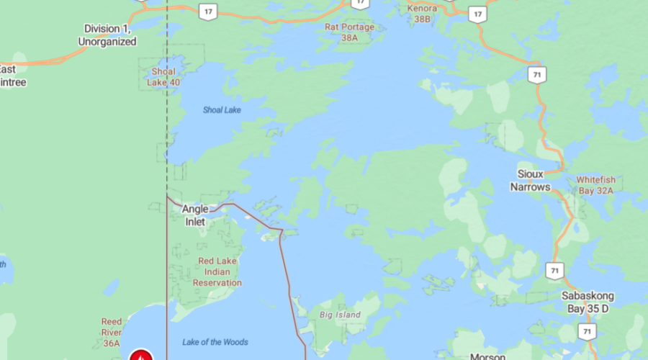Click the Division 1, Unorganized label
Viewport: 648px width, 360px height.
coord(107,35)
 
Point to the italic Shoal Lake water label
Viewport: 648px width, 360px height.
coord(222,110)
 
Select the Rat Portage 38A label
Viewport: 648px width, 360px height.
coord(350,32)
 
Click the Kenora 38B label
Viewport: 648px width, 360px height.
coord(422,14)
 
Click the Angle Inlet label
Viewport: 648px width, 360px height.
coord(195,215)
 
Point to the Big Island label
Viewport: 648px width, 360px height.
coord(340,315)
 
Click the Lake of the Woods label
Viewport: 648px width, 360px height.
coord(215,342)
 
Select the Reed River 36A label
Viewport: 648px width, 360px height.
coord(111,333)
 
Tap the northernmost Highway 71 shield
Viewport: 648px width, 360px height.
coord(535,75)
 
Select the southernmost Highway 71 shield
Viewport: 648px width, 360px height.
coord(587,330)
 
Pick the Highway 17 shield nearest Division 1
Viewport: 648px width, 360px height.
coord(208,12)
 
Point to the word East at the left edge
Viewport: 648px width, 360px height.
coord(7,70)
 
